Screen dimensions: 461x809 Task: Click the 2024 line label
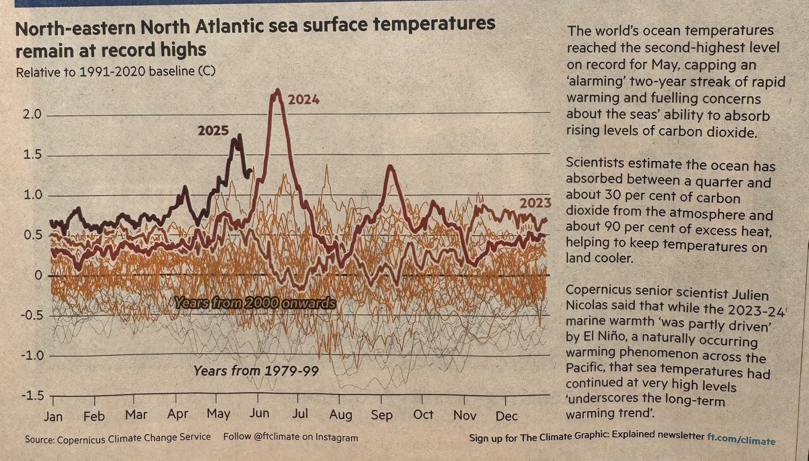tap(303, 100)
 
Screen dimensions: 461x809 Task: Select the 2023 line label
tap(535, 202)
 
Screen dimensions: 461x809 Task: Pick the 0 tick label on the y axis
tap(38, 276)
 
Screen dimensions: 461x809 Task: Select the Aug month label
tap(341, 415)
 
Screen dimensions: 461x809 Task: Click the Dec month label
tap(506, 414)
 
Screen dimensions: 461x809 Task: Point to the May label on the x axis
tap(218, 414)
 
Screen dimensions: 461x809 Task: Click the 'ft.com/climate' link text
tap(741, 439)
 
